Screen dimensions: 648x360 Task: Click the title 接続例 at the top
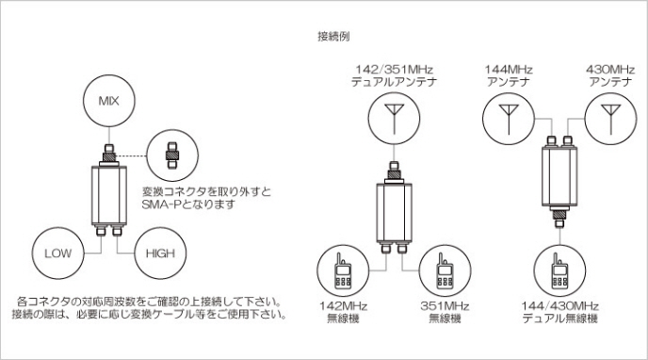pyautogui.click(x=333, y=37)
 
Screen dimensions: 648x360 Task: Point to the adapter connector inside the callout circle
pyautogui.click(x=172, y=155)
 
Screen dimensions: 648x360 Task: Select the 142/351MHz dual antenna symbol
pyautogui.click(x=395, y=118)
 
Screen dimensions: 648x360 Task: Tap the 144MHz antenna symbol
pyautogui.click(x=509, y=119)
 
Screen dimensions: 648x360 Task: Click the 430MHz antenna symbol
pyautogui.click(x=611, y=119)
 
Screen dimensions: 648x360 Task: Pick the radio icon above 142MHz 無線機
pyautogui.click(x=343, y=271)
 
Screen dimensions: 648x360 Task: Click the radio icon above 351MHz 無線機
pyautogui.click(x=445, y=271)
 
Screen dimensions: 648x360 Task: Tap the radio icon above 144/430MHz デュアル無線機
pyautogui.click(x=559, y=271)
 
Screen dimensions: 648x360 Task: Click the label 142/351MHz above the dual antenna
pyautogui.click(x=395, y=70)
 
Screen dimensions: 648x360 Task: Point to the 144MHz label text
pyautogui.click(x=509, y=70)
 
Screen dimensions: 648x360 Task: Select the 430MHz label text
pyautogui.click(x=610, y=70)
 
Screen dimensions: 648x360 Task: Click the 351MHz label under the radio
pyautogui.click(x=445, y=306)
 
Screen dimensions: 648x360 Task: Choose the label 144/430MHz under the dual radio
pyautogui.click(x=559, y=306)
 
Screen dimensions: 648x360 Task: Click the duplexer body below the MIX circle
pyautogui.click(x=109, y=195)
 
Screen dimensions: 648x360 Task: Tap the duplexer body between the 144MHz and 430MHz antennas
pyautogui.click(x=559, y=176)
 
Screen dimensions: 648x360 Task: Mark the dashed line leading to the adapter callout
pyautogui.click(x=132, y=155)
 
